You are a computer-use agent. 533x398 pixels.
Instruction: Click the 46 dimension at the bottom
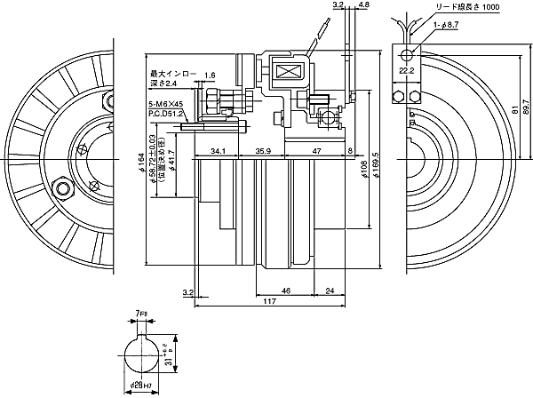coord(286,291)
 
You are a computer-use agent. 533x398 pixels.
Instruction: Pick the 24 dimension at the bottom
coord(329,291)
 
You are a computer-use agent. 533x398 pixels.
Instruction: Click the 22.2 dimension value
coord(406,68)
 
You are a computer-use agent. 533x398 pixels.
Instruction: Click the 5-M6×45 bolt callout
coord(165,104)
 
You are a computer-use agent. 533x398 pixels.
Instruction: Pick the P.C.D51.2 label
coord(166,114)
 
